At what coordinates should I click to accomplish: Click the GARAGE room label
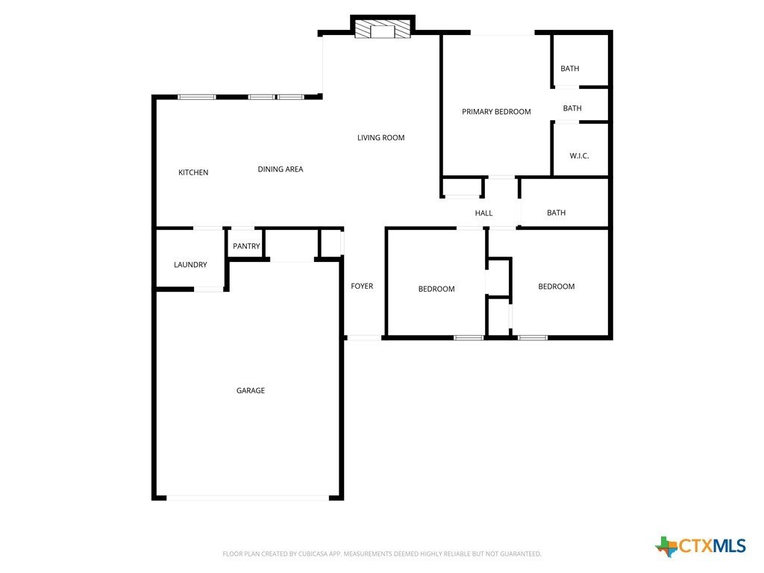(x=251, y=390)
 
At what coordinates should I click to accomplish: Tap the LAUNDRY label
(x=190, y=265)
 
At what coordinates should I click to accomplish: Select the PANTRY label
(x=246, y=246)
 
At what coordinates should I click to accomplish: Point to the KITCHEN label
(x=193, y=172)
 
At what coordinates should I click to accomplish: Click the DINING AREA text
(x=281, y=169)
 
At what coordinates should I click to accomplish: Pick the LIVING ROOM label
(x=381, y=138)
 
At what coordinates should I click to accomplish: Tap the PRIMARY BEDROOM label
(x=496, y=112)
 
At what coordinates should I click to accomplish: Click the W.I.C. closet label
(x=579, y=156)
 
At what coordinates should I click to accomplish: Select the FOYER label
(x=362, y=286)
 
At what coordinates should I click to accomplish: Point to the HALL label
(x=483, y=213)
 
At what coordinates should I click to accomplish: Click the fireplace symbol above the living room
(x=383, y=28)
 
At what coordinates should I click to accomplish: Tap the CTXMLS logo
(x=701, y=546)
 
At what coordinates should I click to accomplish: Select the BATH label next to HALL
(x=557, y=213)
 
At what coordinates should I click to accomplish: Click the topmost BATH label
(x=569, y=69)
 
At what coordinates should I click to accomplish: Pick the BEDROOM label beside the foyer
(x=436, y=289)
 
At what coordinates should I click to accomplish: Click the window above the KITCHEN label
(x=196, y=97)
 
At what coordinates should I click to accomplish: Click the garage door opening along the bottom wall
(x=248, y=498)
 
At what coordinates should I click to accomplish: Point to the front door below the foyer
(x=363, y=338)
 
